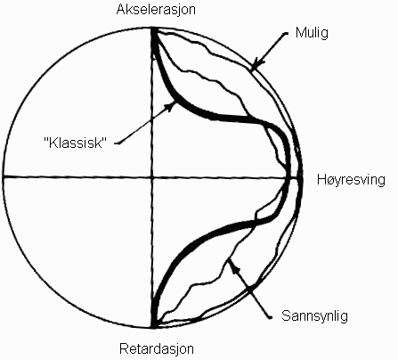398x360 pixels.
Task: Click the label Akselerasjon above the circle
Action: tap(156, 10)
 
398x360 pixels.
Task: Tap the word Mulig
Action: tap(312, 33)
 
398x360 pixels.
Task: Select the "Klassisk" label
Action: tap(75, 143)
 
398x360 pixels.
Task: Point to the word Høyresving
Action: tap(351, 180)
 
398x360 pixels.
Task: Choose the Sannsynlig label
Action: tap(314, 315)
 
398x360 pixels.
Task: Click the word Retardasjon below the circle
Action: tap(157, 348)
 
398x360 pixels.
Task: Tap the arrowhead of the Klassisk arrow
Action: tap(172, 105)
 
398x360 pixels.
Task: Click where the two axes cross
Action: tap(152, 177)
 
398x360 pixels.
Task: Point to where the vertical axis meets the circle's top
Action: tap(153, 28)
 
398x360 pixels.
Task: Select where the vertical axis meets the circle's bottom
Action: tap(152, 328)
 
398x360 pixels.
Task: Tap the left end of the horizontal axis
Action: tap(4, 177)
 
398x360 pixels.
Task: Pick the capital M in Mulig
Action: tap(300, 32)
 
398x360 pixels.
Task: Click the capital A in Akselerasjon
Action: tap(121, 9)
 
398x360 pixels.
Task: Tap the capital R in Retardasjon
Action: tap(124, 348)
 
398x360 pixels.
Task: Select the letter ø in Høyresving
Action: tap(330, 181)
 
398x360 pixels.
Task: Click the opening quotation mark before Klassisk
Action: tap(46, 140)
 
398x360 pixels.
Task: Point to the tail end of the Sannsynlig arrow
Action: tap(271, 317)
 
